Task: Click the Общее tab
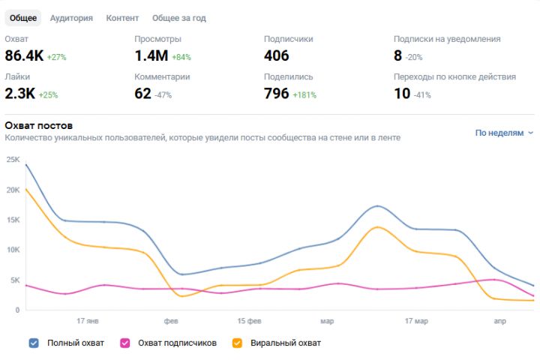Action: pos(23,18)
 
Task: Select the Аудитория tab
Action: pos(71,18)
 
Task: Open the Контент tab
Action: pos(122,18)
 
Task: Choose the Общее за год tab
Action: pos(178,18)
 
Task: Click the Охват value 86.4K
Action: pos(24,55)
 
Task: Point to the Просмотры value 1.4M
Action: pos(151,55)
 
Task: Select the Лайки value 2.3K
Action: pos(19,94)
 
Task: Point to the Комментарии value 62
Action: pos(142,94)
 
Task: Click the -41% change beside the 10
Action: pos(424,94)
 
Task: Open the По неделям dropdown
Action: pos(504,133)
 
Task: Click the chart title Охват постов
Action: pos(38,125)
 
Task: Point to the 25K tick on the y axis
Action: pos(12,160)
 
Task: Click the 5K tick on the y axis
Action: pos(13,280)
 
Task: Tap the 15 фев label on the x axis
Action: pos(249,321)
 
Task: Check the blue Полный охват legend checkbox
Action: pos(34,343)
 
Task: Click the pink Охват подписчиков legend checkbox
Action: pos(124,343)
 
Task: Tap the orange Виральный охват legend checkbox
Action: pos(237,343)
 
